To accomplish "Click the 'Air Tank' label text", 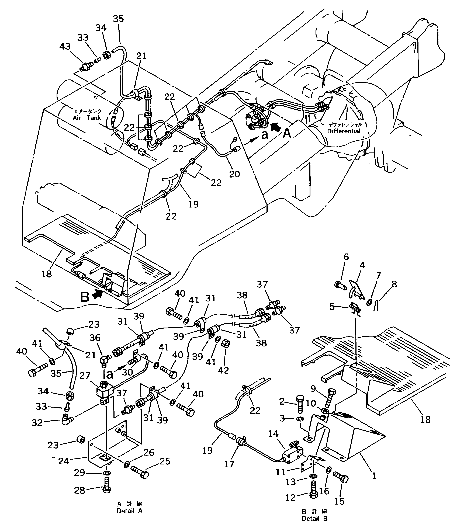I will point(87,118).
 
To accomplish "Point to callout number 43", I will point(65,47).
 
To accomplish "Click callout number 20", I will point(234,174).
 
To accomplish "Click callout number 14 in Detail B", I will point(274,433).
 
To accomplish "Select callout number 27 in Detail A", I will point(85,376).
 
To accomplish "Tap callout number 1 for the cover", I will point(374,475).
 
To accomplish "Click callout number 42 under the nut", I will point(223,370).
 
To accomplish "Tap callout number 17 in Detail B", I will point(229,464).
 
